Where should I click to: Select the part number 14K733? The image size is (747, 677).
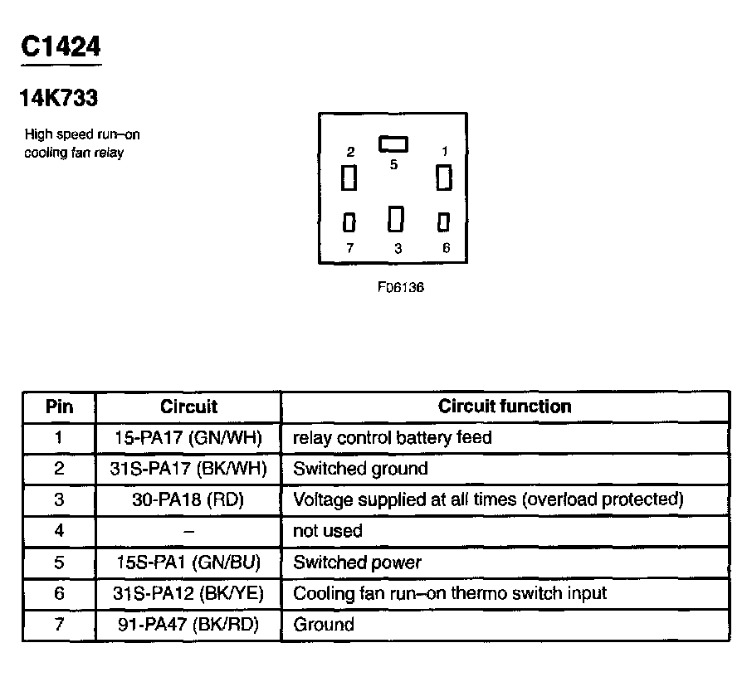[x=59, y=99]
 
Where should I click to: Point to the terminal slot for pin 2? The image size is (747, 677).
[x=349, y=178]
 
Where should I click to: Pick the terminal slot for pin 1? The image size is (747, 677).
[x=444, y=178]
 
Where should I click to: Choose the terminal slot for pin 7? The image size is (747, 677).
[x=349, y=222]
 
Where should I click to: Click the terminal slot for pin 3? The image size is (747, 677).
[x=396, y=219]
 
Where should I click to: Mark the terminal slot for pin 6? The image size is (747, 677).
[x=444, y=222]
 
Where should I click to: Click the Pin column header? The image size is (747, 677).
[x=59, y=407]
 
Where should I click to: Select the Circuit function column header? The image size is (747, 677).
[x=505, y=407]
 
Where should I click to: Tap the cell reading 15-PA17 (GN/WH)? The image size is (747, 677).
[x=188, y=437]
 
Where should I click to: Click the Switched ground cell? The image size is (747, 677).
[x=361, y=469]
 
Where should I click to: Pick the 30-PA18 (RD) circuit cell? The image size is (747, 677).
[x=188, y=499]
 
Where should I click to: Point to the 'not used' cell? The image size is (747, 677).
[x=328, y=531]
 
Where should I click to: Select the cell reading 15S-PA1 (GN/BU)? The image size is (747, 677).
[x=188, y=563]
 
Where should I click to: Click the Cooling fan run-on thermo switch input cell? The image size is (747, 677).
[x=450, y=593]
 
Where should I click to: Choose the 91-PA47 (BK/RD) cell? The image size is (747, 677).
[x=188, y=625]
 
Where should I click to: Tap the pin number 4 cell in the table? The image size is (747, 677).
[x=59, y=531]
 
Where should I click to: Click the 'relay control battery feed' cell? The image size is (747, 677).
[x=393, y=437]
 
